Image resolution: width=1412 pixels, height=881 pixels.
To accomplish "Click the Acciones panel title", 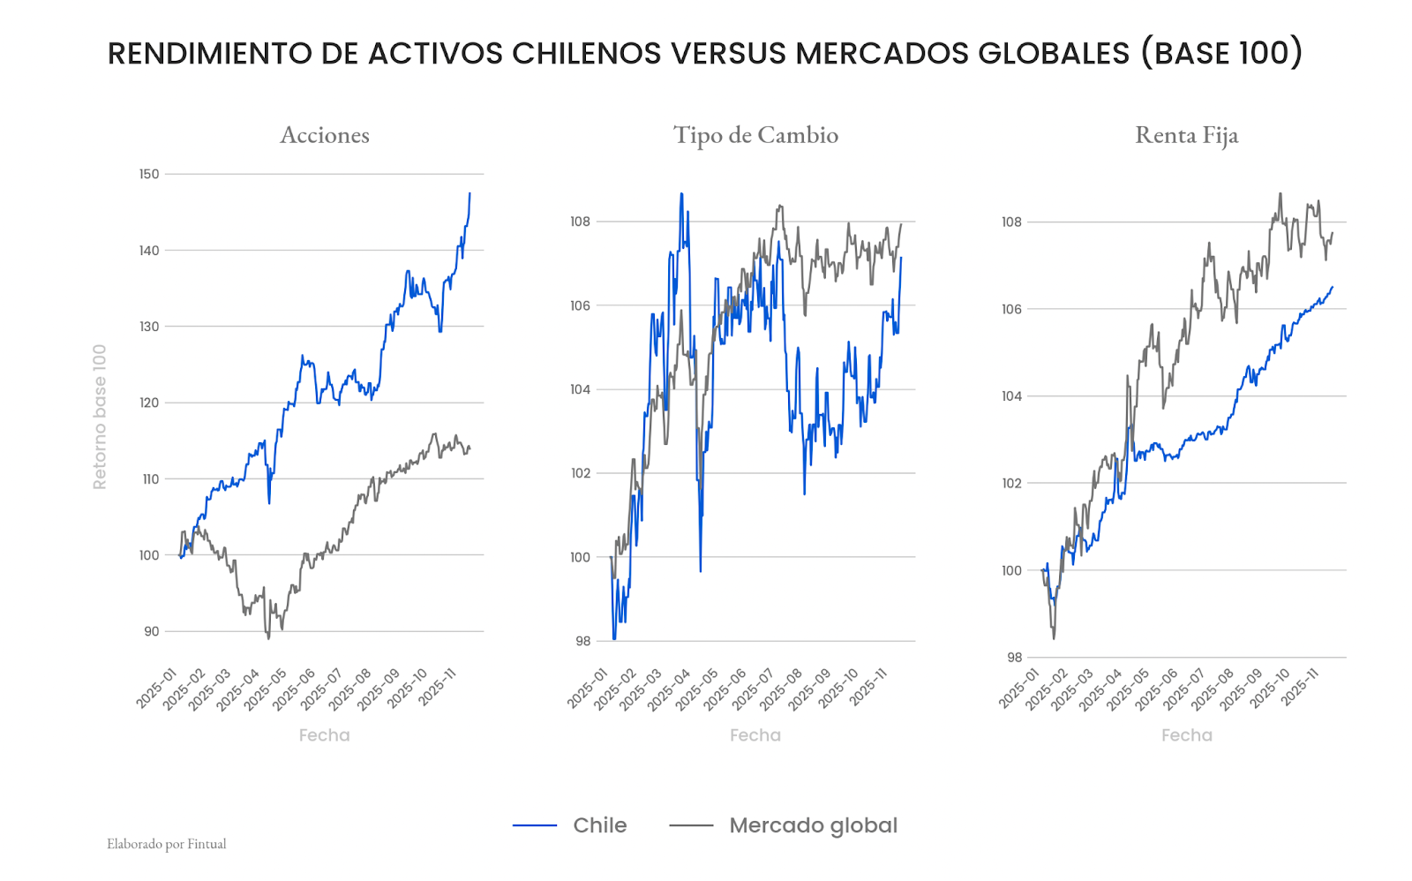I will point(325,135).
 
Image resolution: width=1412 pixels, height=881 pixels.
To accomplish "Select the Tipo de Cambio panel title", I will point(755,135).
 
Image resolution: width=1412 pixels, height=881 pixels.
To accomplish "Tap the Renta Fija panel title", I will point(1186,135).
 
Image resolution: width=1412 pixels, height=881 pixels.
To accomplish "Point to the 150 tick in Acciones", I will point(149,174).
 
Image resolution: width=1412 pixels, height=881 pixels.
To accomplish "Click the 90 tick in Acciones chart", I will point(152,631).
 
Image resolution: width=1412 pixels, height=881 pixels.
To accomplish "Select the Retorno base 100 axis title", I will point(100,417).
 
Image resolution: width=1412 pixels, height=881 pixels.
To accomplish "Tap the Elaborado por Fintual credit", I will point(167,844).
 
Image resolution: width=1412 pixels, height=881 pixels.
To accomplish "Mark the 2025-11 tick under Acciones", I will point(438,687).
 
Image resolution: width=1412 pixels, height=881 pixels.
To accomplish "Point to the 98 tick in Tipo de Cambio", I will point(582,641).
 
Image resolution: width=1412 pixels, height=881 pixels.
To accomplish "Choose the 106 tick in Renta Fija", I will point(1011,309).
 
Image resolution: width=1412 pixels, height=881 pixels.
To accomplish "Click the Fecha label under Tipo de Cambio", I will point(755,735).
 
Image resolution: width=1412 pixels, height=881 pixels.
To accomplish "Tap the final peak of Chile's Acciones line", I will point(469,193).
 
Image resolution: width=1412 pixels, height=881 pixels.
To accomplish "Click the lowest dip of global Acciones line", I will point(268,637).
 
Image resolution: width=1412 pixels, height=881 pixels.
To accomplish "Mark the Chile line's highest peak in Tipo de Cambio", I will point(681,194).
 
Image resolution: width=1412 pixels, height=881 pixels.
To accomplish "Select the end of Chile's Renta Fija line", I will point(1333,286).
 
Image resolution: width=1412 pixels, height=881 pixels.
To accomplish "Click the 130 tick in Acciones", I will point(149,327).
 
